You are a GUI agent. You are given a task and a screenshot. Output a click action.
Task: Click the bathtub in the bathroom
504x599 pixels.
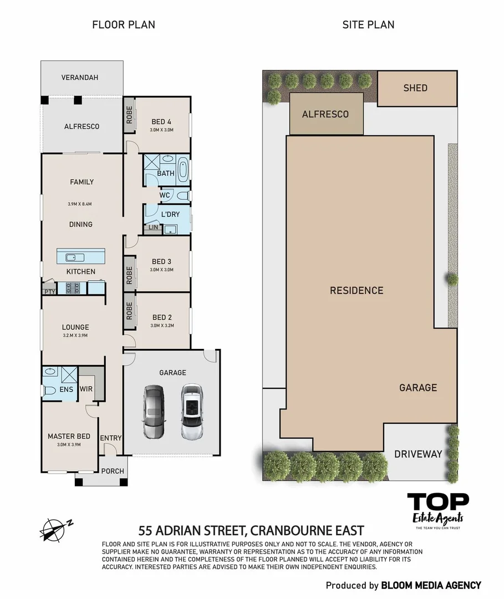tap(183, 169)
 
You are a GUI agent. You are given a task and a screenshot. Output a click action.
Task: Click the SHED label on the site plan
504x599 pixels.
tap(415, 88)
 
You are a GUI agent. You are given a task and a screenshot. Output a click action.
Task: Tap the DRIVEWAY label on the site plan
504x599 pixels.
tap(418, 454)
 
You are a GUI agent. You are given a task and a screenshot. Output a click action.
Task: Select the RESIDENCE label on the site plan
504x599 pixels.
tap(356, 290)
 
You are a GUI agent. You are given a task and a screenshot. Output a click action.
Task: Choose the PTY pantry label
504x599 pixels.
tap(48, 291)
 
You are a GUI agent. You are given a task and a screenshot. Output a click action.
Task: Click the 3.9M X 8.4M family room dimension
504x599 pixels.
tap(79, 204)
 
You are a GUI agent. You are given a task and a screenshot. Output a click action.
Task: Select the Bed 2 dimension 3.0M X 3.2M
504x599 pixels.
tap(161, 326)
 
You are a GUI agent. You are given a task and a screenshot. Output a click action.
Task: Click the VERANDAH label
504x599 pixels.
tap(80, 78)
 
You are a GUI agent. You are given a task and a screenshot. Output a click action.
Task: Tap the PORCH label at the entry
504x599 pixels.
tap(113, 471)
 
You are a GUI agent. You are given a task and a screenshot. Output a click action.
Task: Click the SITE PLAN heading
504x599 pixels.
tap(368, 24)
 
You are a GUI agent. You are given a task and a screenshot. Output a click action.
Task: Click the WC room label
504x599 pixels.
tap(165, 195)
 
